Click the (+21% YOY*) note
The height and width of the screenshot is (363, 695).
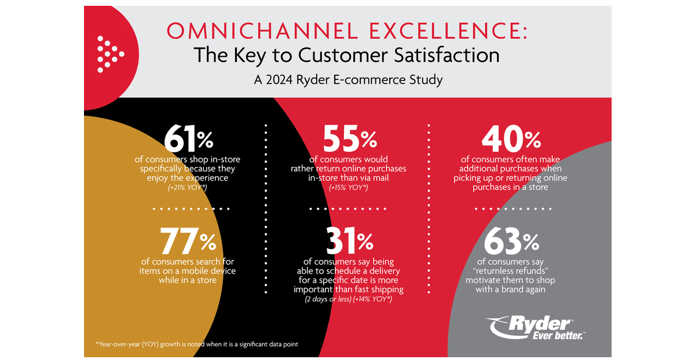188,188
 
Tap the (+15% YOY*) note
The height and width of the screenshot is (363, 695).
349,188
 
